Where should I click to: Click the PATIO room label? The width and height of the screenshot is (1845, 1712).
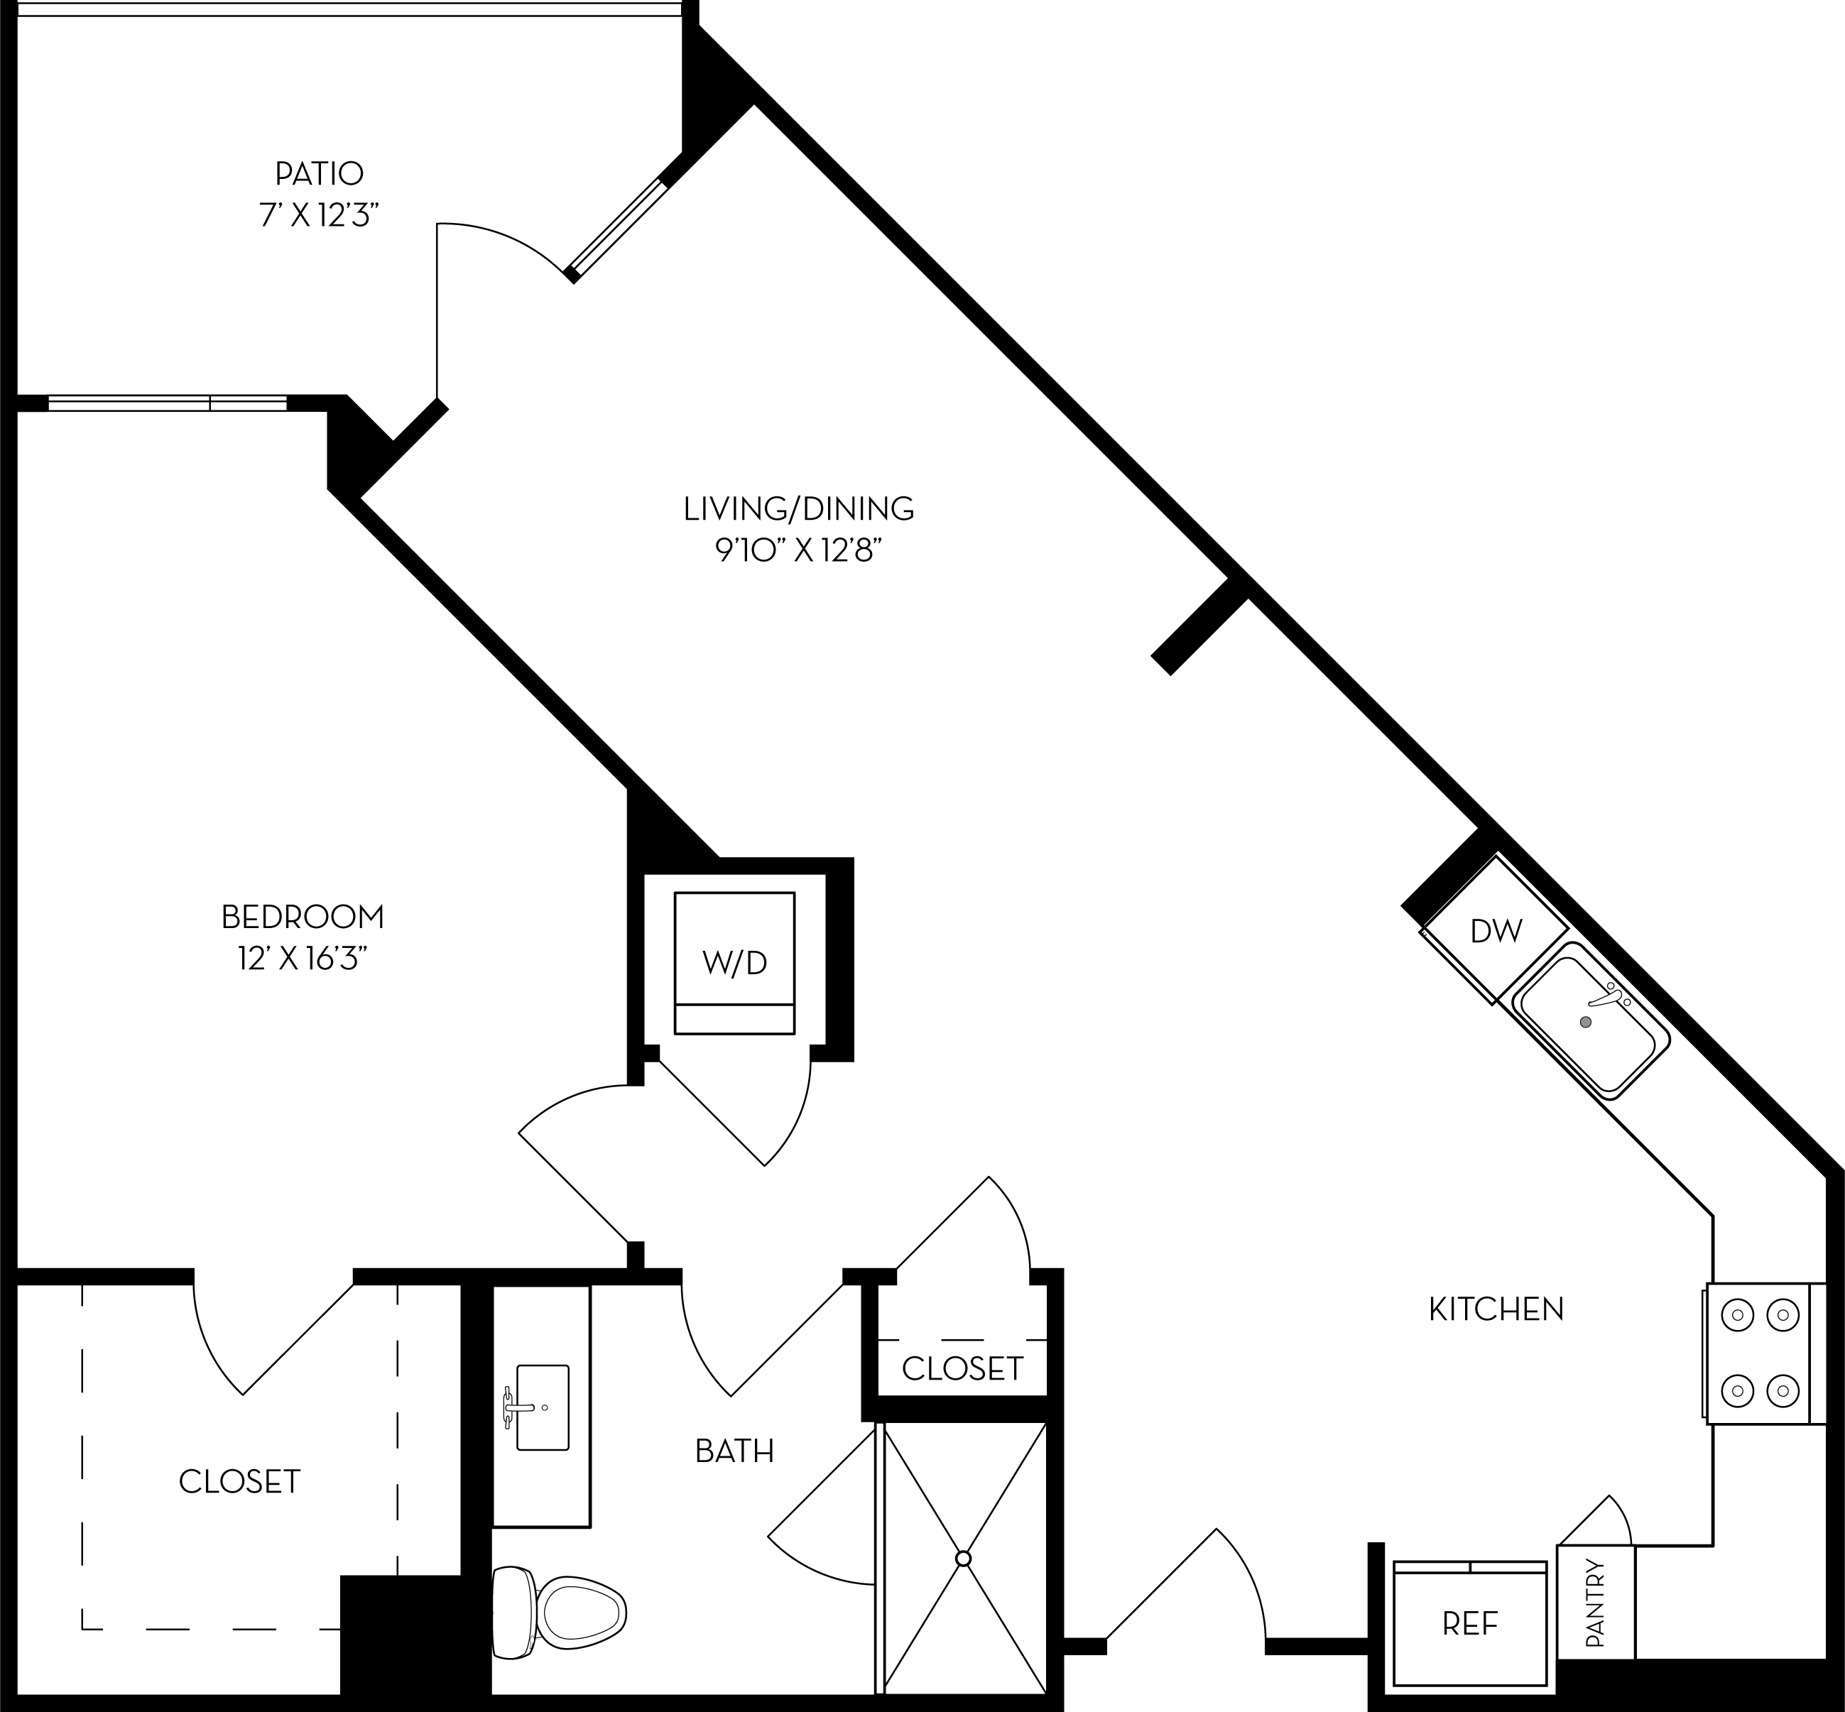click(x=319, y=173)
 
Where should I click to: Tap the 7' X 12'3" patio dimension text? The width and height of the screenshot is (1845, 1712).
click(x=319, y=217)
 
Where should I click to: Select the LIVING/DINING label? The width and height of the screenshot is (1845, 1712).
click(x=799, y=508)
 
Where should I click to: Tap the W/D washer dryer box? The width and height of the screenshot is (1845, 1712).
click(x=734, y=963)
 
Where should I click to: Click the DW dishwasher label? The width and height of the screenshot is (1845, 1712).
click(x=1496, y=931)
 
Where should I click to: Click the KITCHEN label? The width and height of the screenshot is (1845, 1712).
click(x=1496, y=1309)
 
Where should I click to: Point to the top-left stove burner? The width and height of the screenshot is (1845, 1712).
click(x=1738, y=1314)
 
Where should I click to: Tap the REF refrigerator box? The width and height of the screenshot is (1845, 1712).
click(x=1470, y=1623)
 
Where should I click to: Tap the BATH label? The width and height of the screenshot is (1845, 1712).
click(x=734, y=1451)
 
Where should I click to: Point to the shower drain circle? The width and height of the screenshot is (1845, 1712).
click(x=963, y=1559)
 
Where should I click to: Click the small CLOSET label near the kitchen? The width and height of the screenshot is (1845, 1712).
click(x=962, y=1368)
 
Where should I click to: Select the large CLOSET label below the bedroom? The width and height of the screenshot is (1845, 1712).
click(x=239, y=1481)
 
